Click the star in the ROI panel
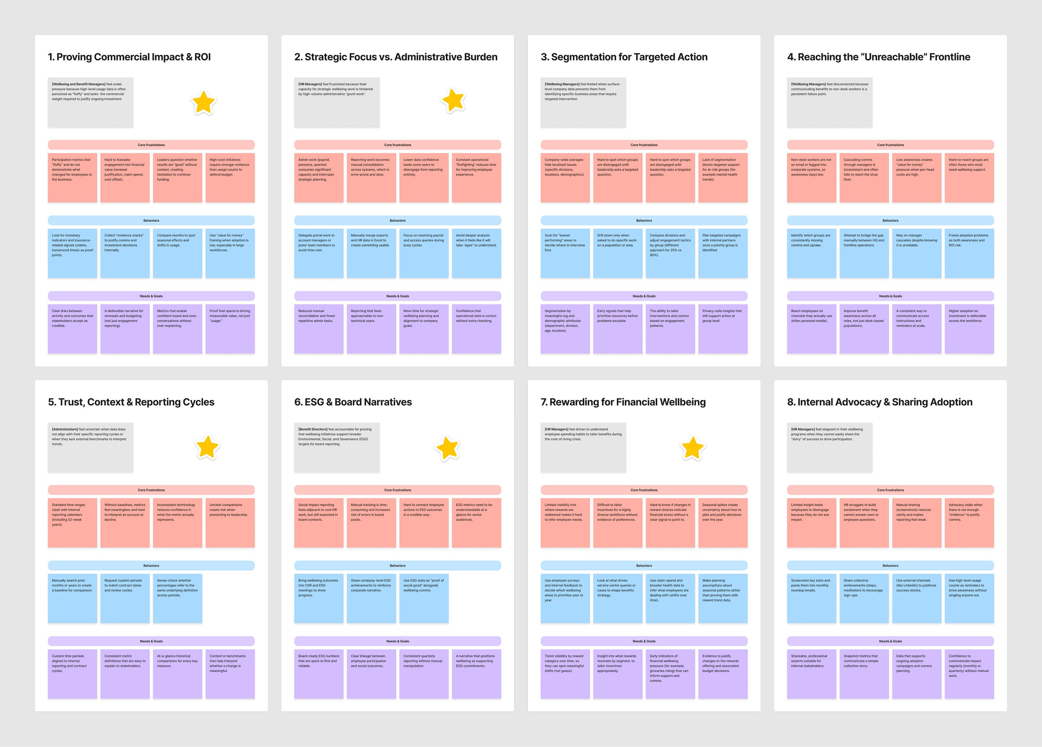tap(204, 103)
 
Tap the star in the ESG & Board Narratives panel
tap(447, 448)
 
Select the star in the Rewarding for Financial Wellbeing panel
tap(692, 448)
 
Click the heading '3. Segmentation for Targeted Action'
tap(624, 57)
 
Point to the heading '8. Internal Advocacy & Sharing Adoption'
tap(880, 402)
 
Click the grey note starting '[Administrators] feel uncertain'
tap(91, 447)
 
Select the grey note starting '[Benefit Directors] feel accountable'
tap(337, 447)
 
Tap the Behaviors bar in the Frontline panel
tap(890, 220)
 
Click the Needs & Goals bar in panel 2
tap(397, 296)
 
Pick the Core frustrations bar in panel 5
tap(151, 490)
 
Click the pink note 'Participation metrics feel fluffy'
tap(72, 177)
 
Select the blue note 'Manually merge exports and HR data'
tap(371, 253)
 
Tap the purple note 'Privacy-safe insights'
tap(723, 329)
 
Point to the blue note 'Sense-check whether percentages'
tap(177, 598)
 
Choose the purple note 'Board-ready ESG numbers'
tap(318, 673)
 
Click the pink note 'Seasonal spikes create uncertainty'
tap(723, 522)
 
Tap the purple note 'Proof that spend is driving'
tap(230, 329)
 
